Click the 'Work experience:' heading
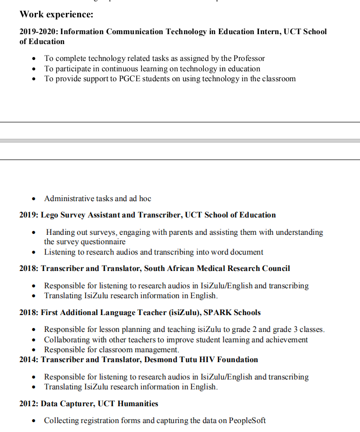tap(56, 14)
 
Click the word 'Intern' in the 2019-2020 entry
tap(257, 32)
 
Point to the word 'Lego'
tap(51, 215)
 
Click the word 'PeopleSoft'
tap(247, 421)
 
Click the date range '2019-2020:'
tap(39, 32)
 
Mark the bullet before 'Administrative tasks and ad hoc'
tap(34, 199)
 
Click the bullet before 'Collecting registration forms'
tap(34, 421)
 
